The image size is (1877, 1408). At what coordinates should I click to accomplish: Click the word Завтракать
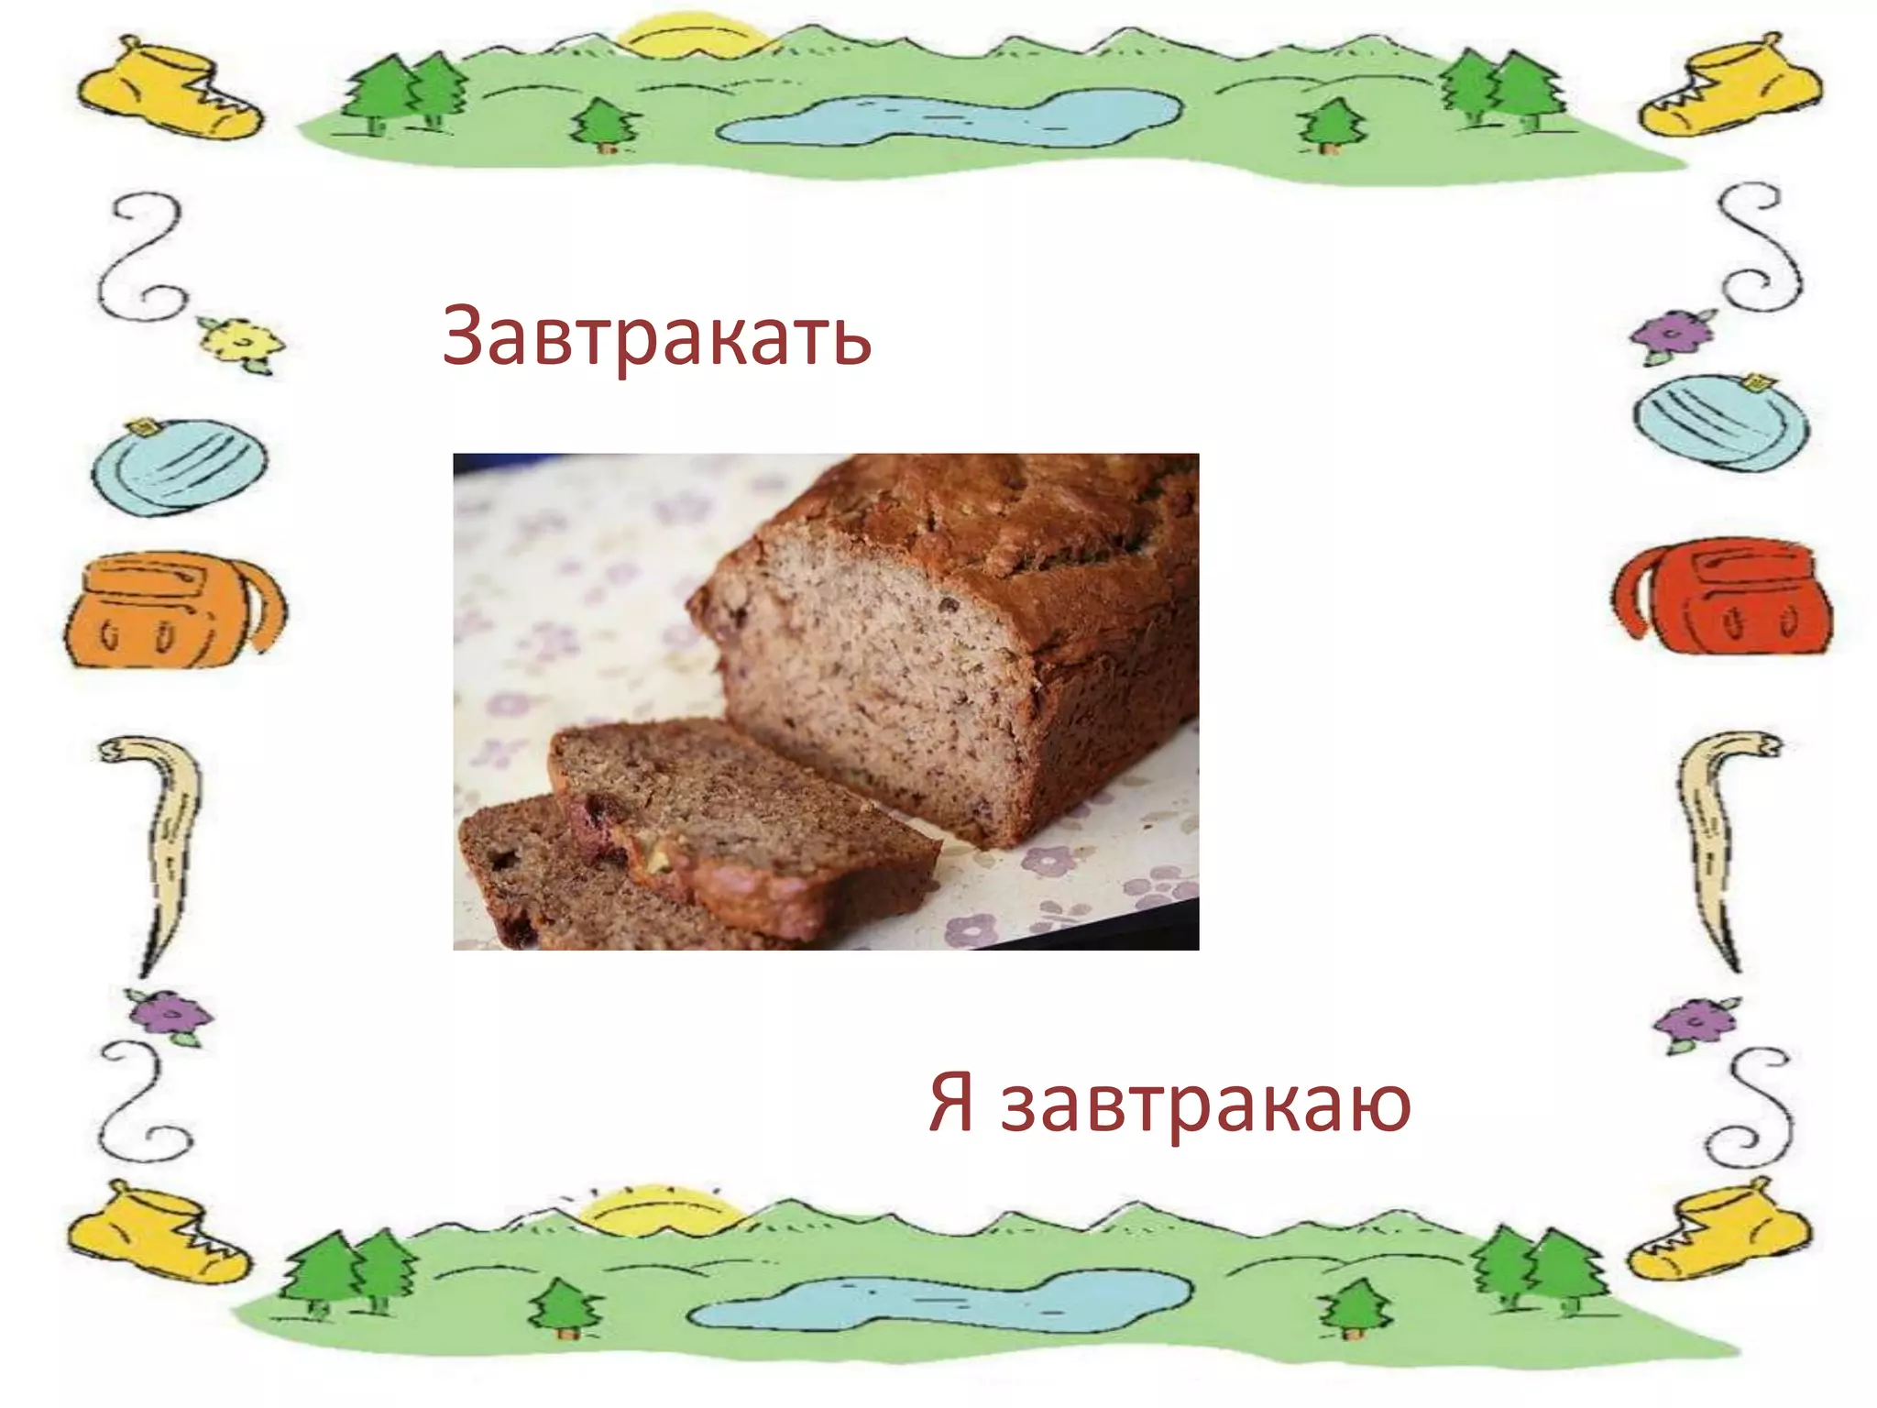tap(656, 336)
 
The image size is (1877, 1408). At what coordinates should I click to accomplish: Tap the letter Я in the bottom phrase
tap(950, 1103)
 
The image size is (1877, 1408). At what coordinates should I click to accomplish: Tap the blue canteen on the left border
tap(179, 467)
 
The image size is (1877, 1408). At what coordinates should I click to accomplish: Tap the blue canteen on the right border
tap(1720, 422)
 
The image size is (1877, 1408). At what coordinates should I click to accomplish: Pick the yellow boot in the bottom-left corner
tap(158, 1233)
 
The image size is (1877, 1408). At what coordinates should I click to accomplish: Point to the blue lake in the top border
tap(944, 117)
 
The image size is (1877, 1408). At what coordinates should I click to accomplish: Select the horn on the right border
tap(1716, 839)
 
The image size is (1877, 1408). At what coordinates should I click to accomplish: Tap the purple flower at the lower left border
tap(170, 1016)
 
